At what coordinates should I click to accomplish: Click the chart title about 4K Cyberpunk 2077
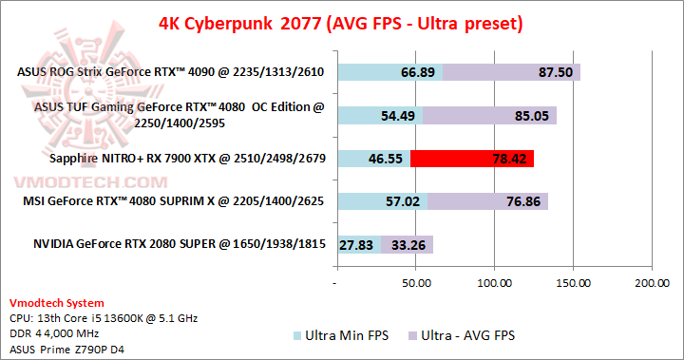pos(341,22)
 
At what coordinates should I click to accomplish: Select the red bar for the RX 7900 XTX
pos(472,159)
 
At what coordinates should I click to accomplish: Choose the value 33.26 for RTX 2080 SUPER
pos(408,244)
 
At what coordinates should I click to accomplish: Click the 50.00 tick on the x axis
pos(415,283)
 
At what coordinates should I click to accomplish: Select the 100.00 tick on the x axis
pos(494,283)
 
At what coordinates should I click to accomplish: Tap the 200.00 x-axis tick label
pos(652,283)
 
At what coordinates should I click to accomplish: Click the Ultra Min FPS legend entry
pos(341,335)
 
